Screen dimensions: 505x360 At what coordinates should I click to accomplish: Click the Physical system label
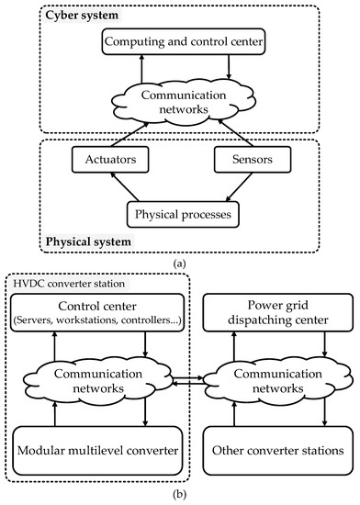click(x=84, y=242)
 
